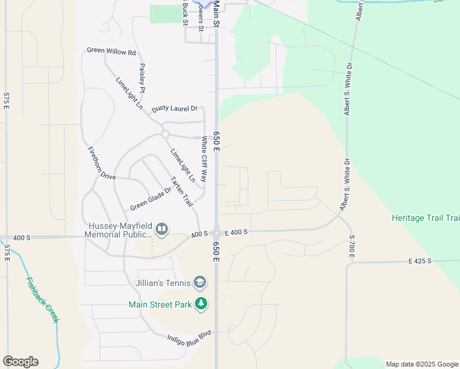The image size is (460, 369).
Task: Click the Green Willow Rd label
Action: point(111,51)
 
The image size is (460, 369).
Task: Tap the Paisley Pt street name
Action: point(142,77)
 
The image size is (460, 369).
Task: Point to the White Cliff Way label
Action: point(204,159)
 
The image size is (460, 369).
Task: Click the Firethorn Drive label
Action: point(101,163)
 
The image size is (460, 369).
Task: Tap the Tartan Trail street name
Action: point(181,191)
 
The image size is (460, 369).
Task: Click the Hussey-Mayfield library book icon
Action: point(162,230)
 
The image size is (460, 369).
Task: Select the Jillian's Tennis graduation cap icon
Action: point(200,283)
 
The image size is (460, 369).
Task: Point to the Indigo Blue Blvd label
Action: point(189,336)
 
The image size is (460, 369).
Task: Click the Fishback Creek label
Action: point(42,300)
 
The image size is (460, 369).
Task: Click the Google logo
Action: point(20,362)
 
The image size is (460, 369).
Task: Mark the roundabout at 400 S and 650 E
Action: point(217,233)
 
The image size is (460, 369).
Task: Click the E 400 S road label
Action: point(236,232)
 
